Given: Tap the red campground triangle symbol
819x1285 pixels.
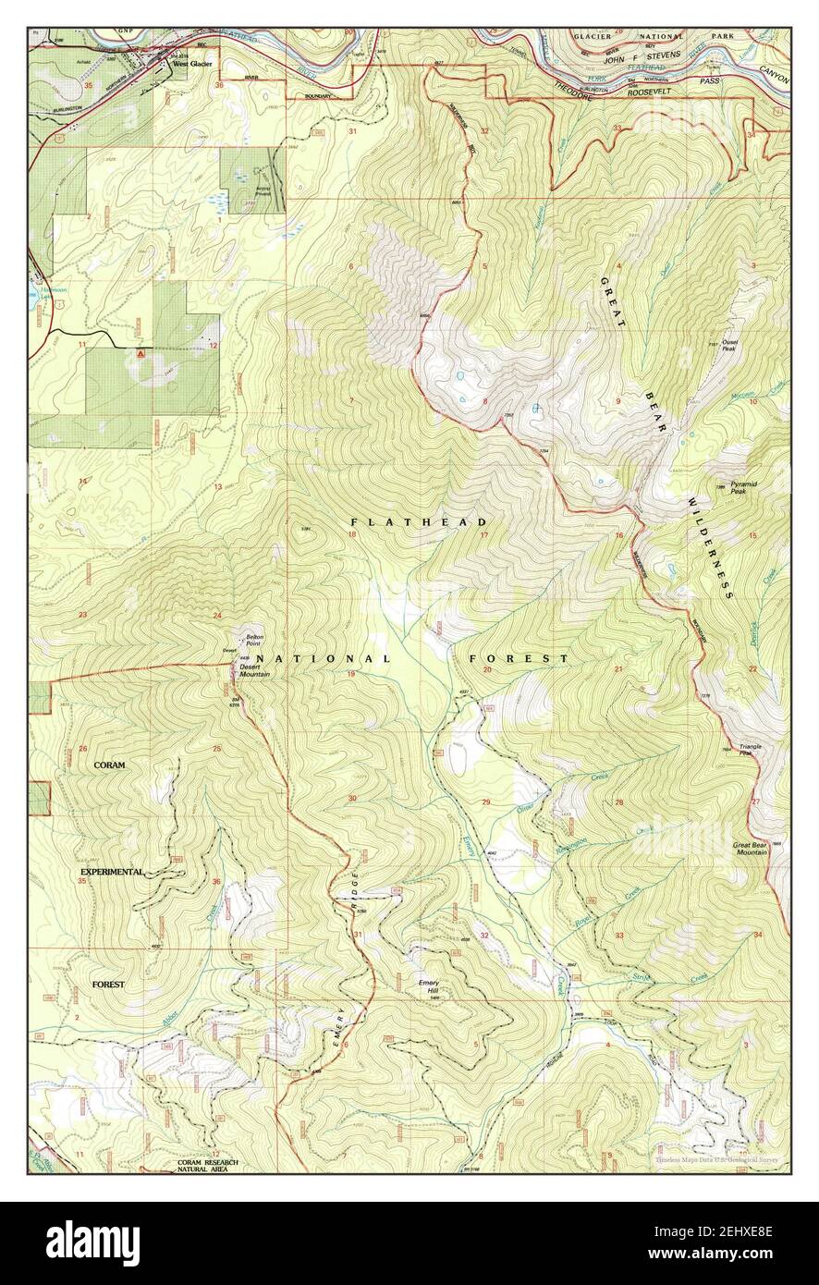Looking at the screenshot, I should [140, 353].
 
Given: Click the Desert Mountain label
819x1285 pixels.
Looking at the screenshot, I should [254, 670].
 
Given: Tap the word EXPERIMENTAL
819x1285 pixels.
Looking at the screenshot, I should [112, 872].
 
